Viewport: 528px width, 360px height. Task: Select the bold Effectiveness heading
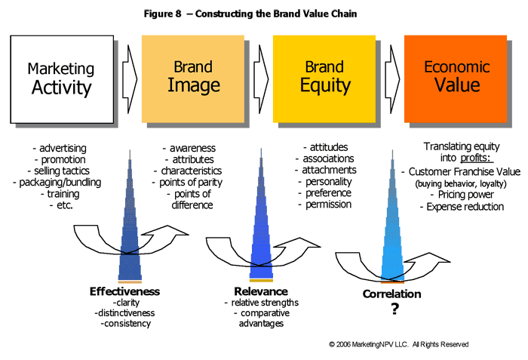pyautogui.click(x=125, y=291)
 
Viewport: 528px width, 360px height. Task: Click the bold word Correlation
pyautogui.click(x=392, y=294)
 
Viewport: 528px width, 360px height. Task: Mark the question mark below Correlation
pyautogui.click(x=392, y=310)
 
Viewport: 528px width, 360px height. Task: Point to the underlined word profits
pyautogui.click(x=475, y=158)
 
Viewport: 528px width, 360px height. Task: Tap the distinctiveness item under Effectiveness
pyautogui.click(x=125, y=313)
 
